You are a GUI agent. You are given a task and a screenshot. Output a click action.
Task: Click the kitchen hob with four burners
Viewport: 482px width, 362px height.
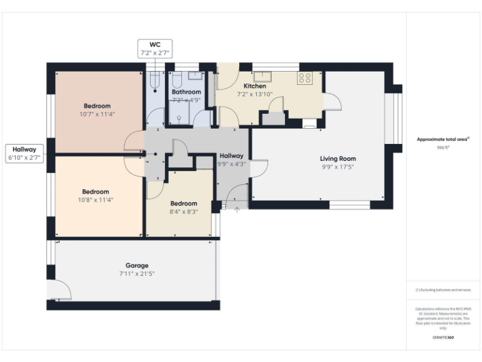tap(306, 78)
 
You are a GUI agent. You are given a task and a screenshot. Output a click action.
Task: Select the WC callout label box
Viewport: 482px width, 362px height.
tap(154, 49)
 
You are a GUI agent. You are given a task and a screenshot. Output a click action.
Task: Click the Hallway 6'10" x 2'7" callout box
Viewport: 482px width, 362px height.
tap(24, 154)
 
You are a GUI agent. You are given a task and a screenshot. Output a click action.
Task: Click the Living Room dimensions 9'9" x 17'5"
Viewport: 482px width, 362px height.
tap(338, 167)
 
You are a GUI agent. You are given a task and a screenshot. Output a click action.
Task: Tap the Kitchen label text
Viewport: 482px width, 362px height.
tap(255, 86)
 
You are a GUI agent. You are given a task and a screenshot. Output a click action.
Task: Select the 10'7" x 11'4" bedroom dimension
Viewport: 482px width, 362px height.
tap(97, 114)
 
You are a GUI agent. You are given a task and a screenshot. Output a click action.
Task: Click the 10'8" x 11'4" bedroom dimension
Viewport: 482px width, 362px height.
tap(96, 200)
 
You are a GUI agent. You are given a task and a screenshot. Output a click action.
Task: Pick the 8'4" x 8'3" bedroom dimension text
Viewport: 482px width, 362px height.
tap(183, 212)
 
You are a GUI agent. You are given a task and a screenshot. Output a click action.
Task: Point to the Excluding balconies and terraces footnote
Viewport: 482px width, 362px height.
tap(443, 290)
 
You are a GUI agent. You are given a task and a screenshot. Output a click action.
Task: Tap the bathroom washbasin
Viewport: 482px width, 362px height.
tap(195, 76)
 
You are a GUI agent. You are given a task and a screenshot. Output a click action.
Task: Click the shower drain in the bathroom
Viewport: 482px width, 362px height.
tap(179, 118)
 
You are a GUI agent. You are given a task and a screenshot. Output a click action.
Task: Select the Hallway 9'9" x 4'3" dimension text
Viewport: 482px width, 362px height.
tap(231, 164)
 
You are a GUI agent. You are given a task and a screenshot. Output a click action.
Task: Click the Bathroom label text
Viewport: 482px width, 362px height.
tap(186, 92)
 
